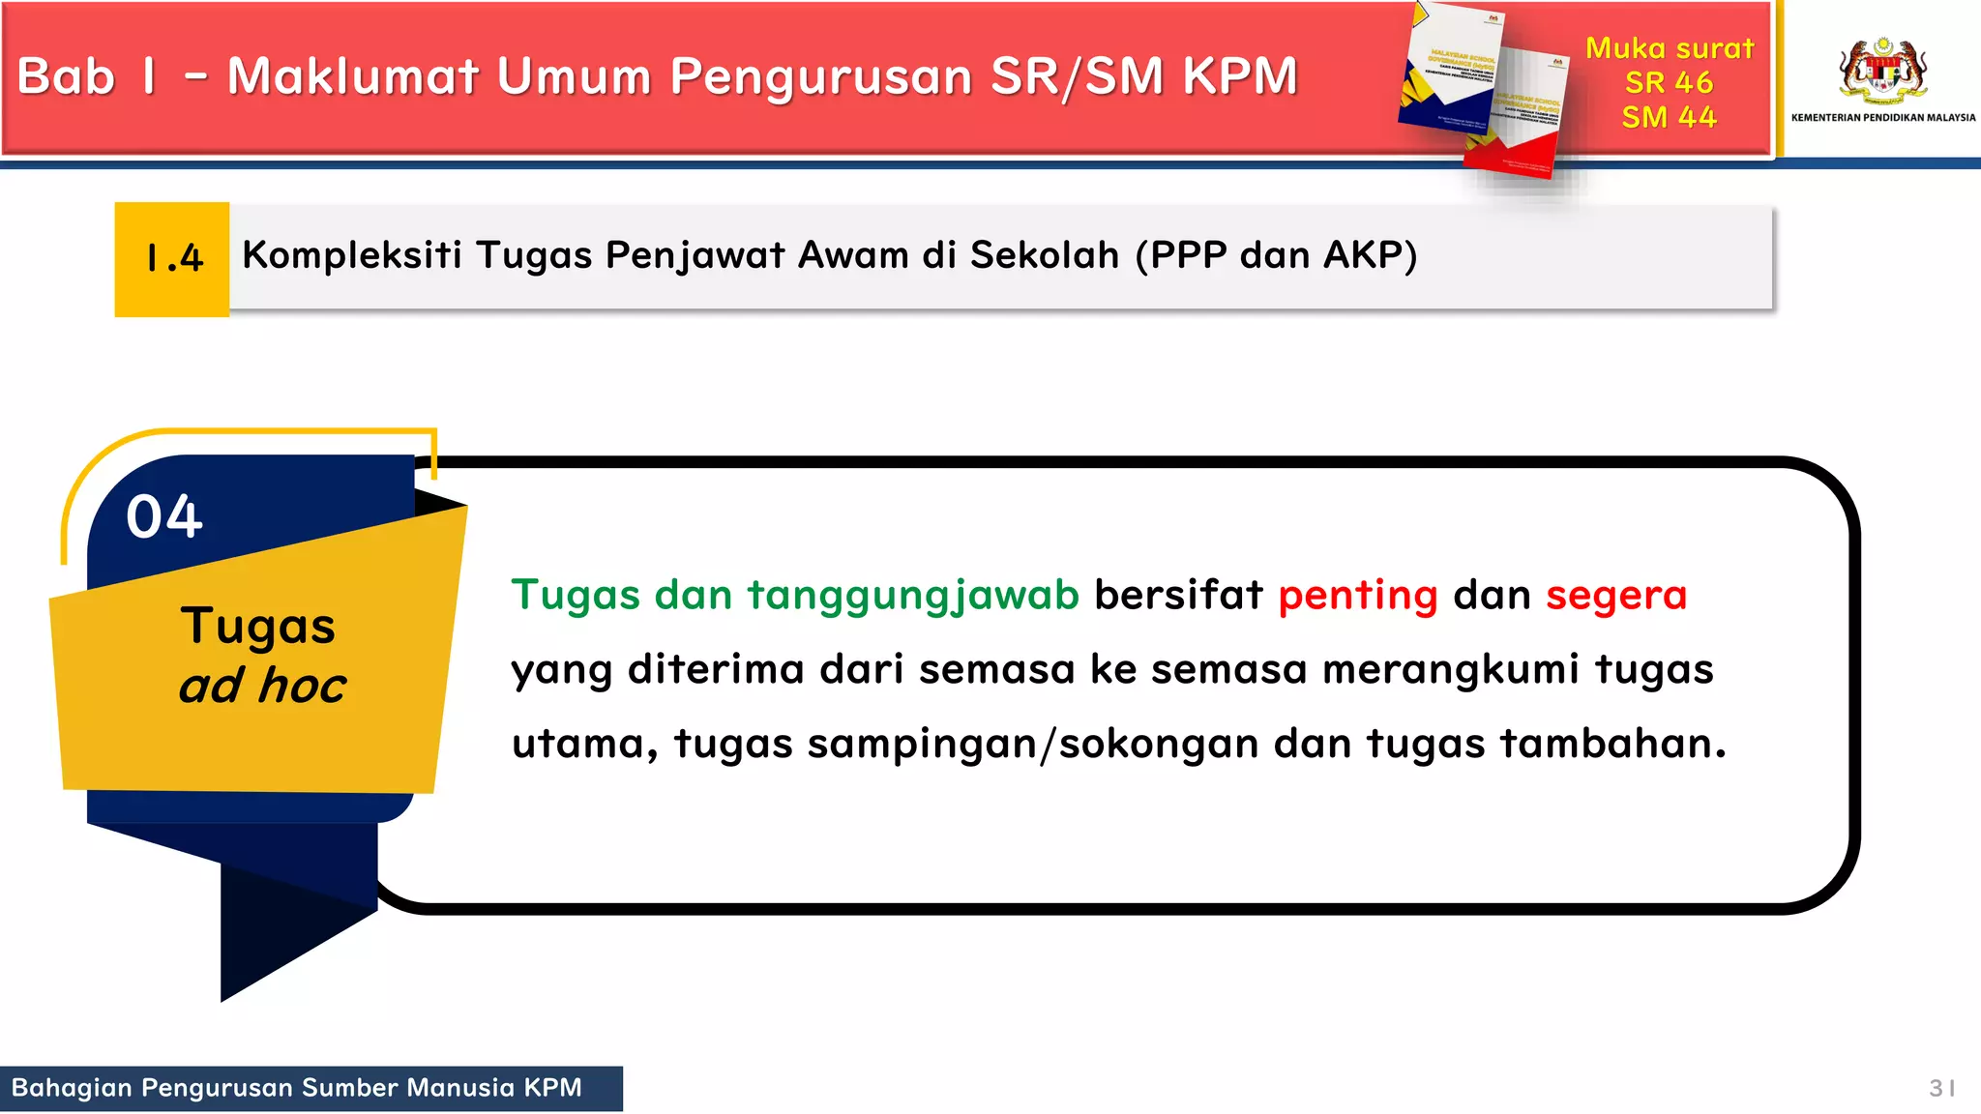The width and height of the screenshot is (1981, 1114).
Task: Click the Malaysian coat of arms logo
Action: pyautogui.click(x=1882, y=70)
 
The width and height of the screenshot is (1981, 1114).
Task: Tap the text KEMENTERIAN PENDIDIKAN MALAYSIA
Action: pyautogui.click(x=1882, y=118)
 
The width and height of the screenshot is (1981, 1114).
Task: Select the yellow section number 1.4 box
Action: pyautogui.click(x=172, y=259)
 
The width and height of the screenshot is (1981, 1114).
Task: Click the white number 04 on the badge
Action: pyautogui.click(x=164, y=516)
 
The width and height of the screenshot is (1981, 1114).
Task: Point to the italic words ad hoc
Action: pyautogui.click(x=262, y=686)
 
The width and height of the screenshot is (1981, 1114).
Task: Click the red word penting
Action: pyautogui.click(x=1357, y=596)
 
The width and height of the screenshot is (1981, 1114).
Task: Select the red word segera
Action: pyautogui.click(x=1615, y=596)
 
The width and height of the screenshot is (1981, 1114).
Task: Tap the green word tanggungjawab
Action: pyautogui.click(x=912, y=596)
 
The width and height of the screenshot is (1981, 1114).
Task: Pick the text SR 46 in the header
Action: pyautogui.click(x=1669, y=83)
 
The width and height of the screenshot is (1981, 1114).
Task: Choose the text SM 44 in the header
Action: pyautogui.click(x=1669, y=118)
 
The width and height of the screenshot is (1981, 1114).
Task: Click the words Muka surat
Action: pyautogui.click(x=1669, y=48)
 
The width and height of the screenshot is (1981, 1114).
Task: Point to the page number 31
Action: pyautogui.click(x=1940, y=1089)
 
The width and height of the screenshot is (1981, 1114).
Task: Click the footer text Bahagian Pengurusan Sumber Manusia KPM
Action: pyautogui.click(x=296, y=1089)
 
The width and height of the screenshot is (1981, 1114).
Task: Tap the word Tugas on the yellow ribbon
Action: pyautogui.click(x=257, y=627)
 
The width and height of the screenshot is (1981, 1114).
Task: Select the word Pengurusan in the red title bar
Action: pyautogui.click(x=820, y=76)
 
